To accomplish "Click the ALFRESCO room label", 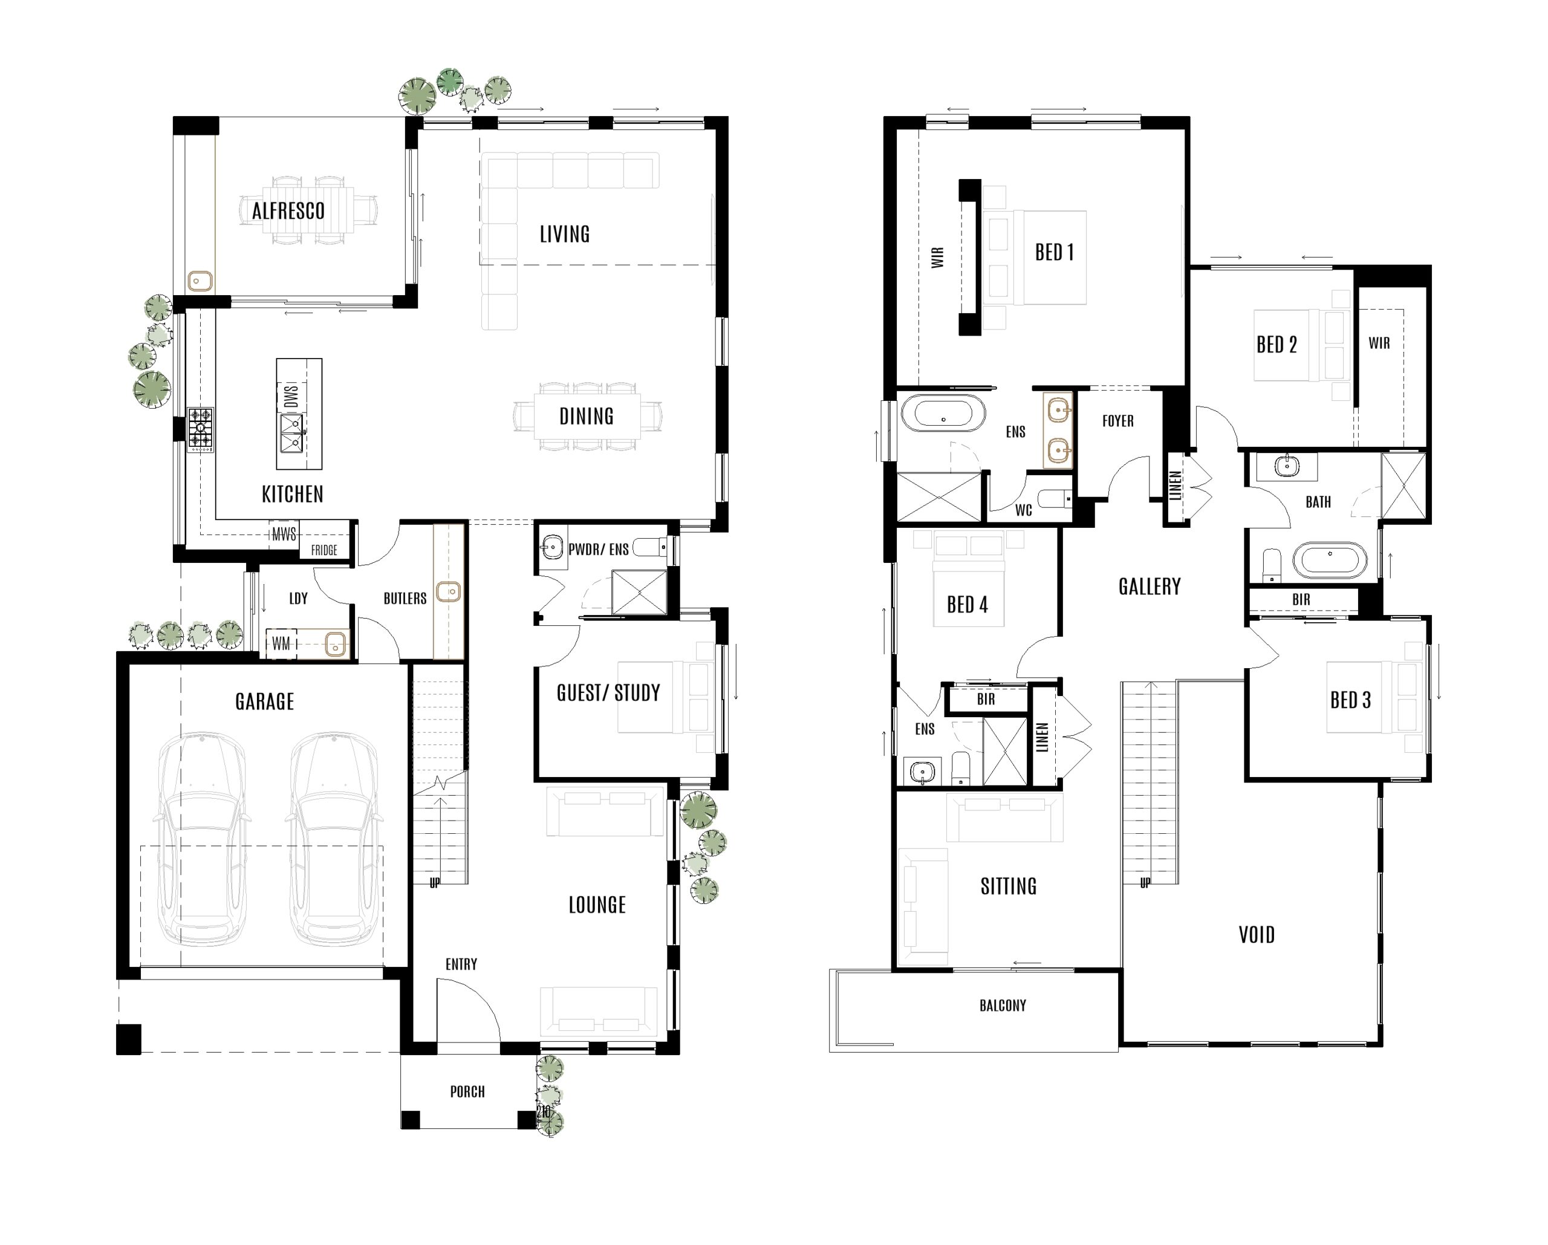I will click(x=288, y=211).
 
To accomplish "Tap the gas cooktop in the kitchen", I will click(x=200, y=429).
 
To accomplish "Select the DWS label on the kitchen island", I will click(x=291, y=395).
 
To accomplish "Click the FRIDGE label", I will click(x=324, y=550).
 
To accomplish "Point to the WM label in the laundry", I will click(x=281, y=644).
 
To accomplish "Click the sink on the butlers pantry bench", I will click(x=449, y=591).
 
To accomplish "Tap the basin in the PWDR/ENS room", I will click(x=552, y=548).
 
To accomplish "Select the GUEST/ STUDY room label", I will click(x=608, y=693).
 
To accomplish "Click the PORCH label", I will click(x=467, y=1092).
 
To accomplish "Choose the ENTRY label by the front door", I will click(x=461, y=964).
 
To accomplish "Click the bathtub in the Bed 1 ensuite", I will click(x=943, y=414).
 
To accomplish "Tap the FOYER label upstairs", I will click(x=1118, y=421).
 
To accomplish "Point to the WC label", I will click(x=1023, y=510).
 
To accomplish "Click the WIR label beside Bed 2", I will click(x=1379, y=343).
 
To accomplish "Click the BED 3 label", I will click(x=1350, y=700).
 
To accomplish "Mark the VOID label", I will click(x=1257, y=935).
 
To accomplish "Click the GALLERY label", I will click(x=1150, y=587).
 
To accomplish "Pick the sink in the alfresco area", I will click(x=199, y=281).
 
